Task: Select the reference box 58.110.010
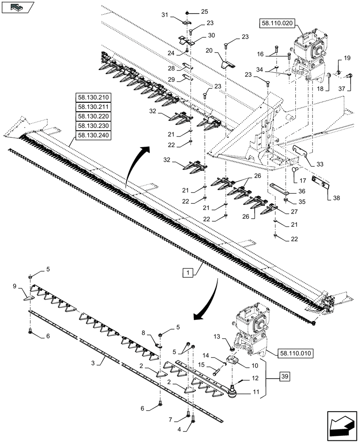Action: (296, 354)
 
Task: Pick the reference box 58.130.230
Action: (94, 126)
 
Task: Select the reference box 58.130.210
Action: (94, 97)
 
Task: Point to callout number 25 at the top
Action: (204, 11)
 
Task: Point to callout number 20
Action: (209, 51)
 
